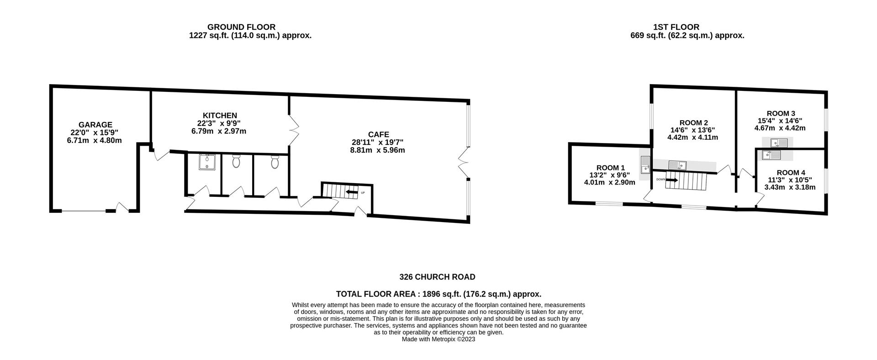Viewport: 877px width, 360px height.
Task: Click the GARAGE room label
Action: tap(95, 125)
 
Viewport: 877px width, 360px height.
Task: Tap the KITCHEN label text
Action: tap(220, 116)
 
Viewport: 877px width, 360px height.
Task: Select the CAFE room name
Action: tap(379, 134)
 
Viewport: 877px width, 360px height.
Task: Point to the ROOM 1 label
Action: tap(610, 168)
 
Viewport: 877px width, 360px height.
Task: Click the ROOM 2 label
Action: tap(693, 122)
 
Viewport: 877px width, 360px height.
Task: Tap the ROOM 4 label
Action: tap(791, 173)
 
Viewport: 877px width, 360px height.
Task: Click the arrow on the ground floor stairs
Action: tap(351, 192)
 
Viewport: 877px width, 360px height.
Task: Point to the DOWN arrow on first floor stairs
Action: tap(672, 180)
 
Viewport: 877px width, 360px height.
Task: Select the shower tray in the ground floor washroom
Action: tap(208, 162)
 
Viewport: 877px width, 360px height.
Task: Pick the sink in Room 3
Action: tap(779, 143)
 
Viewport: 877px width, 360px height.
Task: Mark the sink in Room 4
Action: tap(771, 155)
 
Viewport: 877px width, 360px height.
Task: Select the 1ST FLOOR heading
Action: tap(676, 27)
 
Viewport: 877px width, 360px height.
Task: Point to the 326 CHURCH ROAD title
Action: tap(437, 277)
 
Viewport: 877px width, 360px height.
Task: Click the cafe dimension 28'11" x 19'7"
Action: tap(378, 142)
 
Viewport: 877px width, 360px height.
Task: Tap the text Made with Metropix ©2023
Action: tap(438, 339)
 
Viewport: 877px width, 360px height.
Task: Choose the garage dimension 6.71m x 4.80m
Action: tap(95, 140)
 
